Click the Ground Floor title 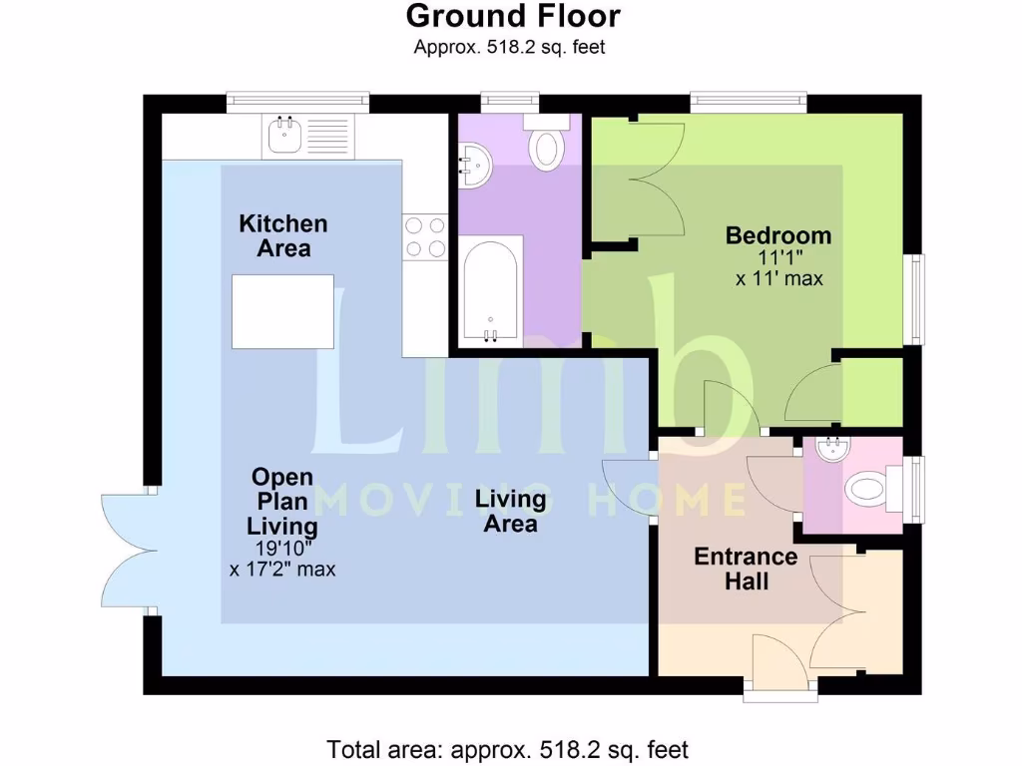pyautogui.click(x=513, y=16)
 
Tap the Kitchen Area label pyautogui.click(x=282, y=236)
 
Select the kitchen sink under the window pyautogui.click(x=282, y=135)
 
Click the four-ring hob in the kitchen pyautogui.click(x=424, y=237)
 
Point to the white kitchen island pyautogui.click(x=281, y=311)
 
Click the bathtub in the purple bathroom pyautogui.click(x=489, y=290)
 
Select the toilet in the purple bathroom pyautogui.click(x=546, y=146)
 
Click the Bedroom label pyautogui.click(x=777, y=236)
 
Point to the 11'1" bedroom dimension pyautogui.click(x=778, y=258)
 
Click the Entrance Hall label pyautogui.click(x=746, y=569)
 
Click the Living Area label pyautogui.click(x=510, y=511)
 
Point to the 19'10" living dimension pyautogui.click(x=282, y=549)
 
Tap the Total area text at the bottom pyautogui.click(x=508, y=749)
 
